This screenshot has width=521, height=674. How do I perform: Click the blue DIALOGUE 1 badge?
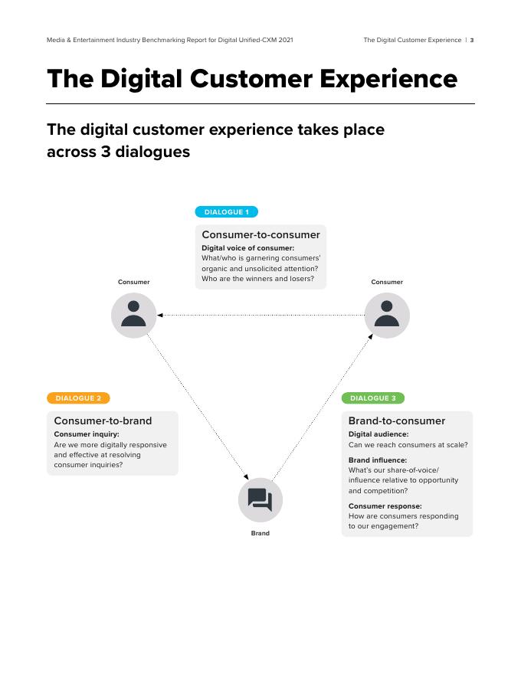tap(226, 212)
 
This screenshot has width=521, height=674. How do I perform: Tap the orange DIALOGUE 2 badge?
tap(78, 398)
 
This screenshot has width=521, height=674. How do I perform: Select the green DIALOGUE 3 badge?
tap(372, 398)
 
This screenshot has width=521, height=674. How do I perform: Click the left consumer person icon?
tap(133, 315)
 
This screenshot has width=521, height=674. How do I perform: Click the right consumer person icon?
tap(387, 315)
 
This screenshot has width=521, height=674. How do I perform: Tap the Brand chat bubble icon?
tap(260, 500)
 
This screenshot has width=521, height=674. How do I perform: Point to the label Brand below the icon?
tap(260, 533)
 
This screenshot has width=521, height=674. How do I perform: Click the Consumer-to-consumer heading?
tap(260, 235)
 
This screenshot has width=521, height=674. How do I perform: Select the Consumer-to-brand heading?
tap(103, 420)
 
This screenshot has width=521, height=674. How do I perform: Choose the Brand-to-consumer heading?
tap(396, 420)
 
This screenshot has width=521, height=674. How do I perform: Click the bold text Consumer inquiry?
tap(87, 434)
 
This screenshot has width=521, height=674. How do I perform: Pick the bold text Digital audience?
tap(378, 434)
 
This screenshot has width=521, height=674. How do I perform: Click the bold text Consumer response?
tap(385, 506)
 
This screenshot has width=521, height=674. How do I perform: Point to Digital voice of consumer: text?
tap(247, 248)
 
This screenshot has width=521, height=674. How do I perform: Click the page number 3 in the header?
tap(472, 40)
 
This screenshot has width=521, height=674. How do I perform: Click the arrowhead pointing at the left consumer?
tap(159, 315)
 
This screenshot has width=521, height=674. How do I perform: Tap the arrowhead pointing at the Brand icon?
tap(247, 476)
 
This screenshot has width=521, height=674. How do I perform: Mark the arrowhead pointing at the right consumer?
tap(371, 335)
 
